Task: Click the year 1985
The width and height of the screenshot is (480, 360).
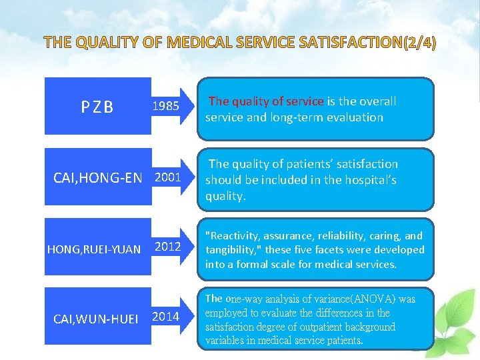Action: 165,105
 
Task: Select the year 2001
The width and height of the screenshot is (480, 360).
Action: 168,177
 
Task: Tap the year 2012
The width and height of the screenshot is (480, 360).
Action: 168,247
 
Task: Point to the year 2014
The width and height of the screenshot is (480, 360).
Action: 165,316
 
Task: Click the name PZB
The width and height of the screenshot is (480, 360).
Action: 97,107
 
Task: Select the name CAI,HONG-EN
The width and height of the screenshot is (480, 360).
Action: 97,178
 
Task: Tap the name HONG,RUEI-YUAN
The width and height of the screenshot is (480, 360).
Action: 94,250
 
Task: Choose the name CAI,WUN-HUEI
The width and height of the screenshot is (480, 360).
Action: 95,319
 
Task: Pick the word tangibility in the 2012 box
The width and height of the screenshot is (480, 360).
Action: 231,249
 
